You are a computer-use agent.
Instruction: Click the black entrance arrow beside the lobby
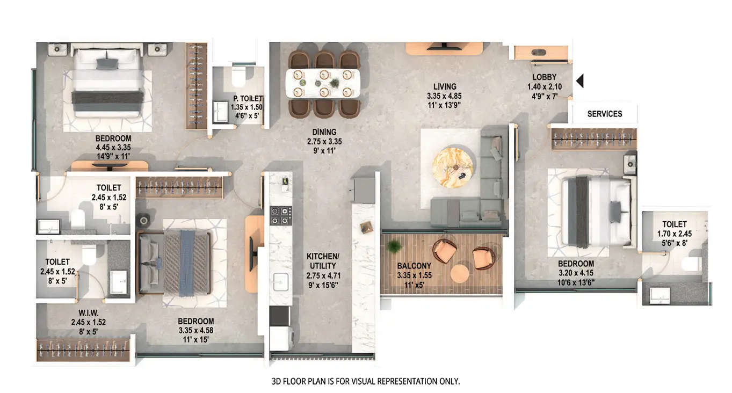pyautogui.click(x=579, y=81)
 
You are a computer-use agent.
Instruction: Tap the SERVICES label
pyautogui.click(x=604, y=114)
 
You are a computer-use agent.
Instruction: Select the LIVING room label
pyautogui.click(x=445, y=86)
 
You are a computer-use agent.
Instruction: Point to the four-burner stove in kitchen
pyautogui.click(x=280, y=215)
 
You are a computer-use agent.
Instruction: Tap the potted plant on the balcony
pyautogui.click(x=395, y=246)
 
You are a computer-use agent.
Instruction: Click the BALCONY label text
pyautogui.click(x=414, y=266)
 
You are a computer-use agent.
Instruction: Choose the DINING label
pyautogui.click(x=324, y=132)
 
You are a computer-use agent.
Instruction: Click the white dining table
pyautogui.click(x=323, y=83)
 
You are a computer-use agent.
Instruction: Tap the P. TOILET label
pyautogui.click(x=248, y=98)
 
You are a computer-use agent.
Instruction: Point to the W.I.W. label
pyautogui.click(x=88, y=313)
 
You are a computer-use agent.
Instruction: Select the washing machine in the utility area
pyautogui.click(x=280, y=338)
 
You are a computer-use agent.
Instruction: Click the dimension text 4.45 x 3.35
pyautogui.click(x=113, y=148)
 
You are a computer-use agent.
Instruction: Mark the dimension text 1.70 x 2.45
pyautogui.click(x=674, y=234)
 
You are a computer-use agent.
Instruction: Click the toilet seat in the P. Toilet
pyautogui.click(x=238, y=77)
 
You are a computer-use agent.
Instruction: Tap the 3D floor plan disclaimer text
pyautogui.click(x=365, y=381)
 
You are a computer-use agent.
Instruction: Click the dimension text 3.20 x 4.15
pyautogui.click(x=576, y=273)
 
